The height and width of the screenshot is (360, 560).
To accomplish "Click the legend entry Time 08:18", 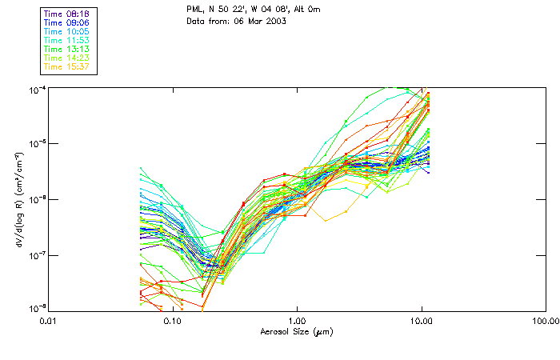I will coord(67,14).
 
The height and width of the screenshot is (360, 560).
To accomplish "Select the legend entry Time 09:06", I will coord(67,23).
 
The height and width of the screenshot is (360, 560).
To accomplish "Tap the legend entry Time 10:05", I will coord(67,31).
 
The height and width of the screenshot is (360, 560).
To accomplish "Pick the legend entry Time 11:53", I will coord(67,40).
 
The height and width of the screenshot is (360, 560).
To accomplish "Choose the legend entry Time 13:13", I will coord(67,49).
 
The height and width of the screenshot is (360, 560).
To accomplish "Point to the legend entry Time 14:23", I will coord(67,58).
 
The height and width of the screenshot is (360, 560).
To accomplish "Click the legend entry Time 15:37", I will coord(67,66).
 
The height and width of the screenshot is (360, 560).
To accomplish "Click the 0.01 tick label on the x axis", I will coord(49,320).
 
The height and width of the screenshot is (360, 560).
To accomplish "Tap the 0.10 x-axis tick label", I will coord(173,320).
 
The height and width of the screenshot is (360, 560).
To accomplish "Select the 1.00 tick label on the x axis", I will coord(297,320).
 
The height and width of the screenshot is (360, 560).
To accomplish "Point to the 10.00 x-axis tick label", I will coord(421,320).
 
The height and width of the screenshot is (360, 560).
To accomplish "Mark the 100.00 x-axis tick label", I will coord(543,320).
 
